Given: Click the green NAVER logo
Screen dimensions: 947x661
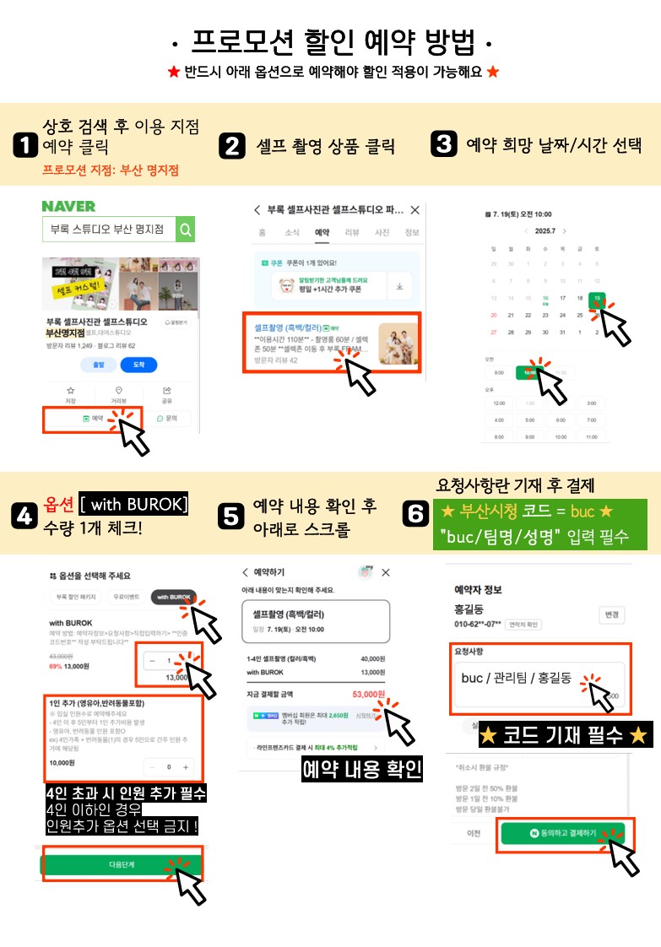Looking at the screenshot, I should point(68,206).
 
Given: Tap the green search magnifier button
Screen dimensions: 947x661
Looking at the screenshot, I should point(187,229).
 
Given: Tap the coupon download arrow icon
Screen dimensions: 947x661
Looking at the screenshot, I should point(399,286).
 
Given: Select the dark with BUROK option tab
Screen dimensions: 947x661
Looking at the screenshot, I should point(174,597).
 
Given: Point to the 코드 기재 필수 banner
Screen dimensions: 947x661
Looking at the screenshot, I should point(564,734).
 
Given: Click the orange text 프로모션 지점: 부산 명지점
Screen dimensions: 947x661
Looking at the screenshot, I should point(110,170).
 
